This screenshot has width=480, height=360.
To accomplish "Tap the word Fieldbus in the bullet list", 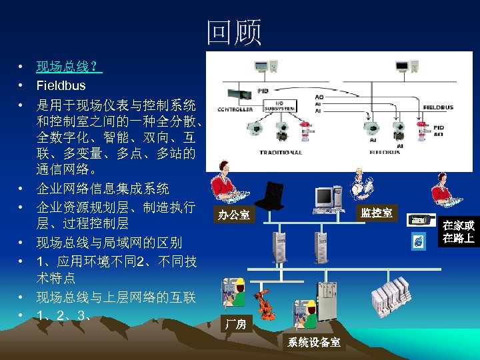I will [x=61, y=85].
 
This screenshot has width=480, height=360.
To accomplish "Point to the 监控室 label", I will [x=377, y=213].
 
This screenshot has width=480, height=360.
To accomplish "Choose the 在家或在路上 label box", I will [x=458, y=231].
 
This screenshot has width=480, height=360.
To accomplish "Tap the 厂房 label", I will [x=235, y=325].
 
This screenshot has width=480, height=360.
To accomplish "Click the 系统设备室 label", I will [x=314, y=343].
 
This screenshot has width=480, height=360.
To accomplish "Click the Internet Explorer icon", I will [x=417, y=241].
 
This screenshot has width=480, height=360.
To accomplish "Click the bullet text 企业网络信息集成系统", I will [x=103, y=189].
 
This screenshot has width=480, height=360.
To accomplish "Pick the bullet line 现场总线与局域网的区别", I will [x=109, y=242].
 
